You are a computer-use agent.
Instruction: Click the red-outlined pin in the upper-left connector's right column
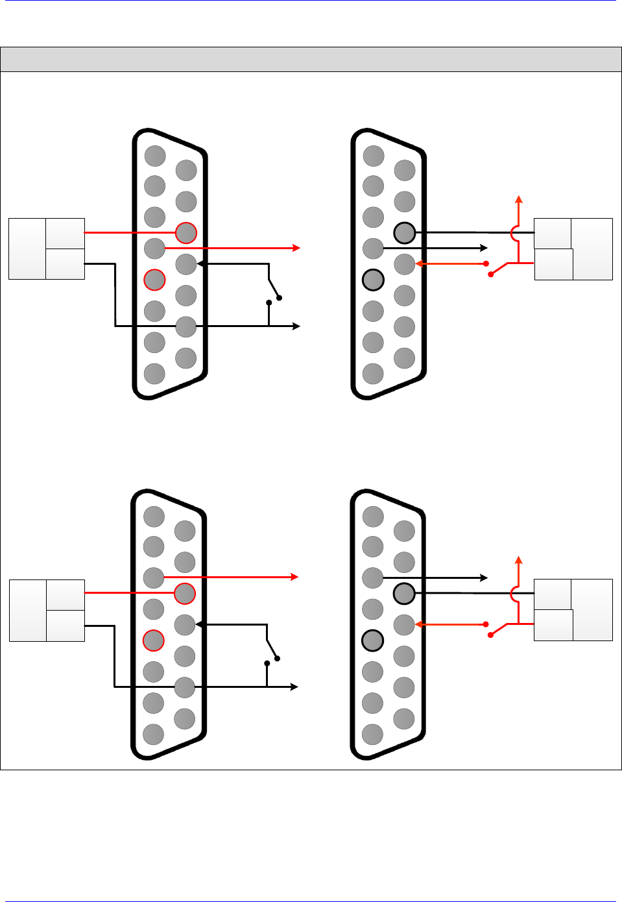186,232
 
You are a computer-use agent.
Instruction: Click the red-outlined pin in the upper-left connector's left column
154,280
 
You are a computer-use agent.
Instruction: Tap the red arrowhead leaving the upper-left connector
296,248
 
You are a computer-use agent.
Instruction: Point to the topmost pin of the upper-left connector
155,156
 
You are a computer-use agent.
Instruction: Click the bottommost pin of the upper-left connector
154,374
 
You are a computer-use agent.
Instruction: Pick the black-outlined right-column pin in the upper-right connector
404,232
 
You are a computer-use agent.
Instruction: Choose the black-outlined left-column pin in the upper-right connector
373,280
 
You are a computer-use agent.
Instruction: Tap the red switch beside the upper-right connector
499,269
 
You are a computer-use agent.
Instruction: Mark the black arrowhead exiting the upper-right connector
484,248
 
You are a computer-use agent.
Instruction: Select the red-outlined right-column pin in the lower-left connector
185,593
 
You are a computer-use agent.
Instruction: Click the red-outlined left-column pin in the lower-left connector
153,640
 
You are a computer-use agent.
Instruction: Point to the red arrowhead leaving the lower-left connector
294,576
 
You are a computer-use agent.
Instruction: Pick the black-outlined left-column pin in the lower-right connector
372,640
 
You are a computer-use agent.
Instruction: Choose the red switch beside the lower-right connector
499,629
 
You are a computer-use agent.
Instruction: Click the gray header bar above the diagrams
311,59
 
